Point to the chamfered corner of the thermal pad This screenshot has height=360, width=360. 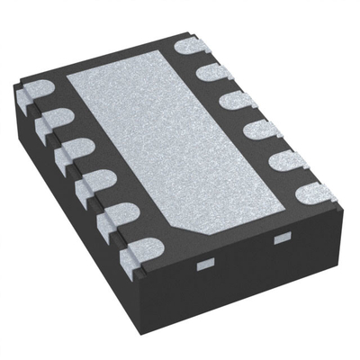point(200,237)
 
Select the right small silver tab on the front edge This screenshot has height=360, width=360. point(281,237)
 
